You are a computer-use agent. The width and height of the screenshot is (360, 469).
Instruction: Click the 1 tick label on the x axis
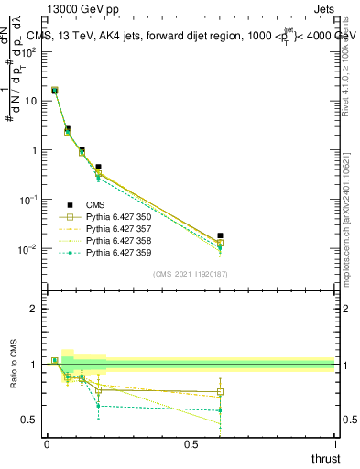point(334,443)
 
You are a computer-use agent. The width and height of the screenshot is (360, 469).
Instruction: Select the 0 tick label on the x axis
point(47,443)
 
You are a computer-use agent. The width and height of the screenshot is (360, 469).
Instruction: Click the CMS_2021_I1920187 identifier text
point(191,274)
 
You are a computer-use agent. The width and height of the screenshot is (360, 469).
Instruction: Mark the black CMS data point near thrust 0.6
point(219,235)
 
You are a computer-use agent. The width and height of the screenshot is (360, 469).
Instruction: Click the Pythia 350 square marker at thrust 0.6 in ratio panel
point(219,391)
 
